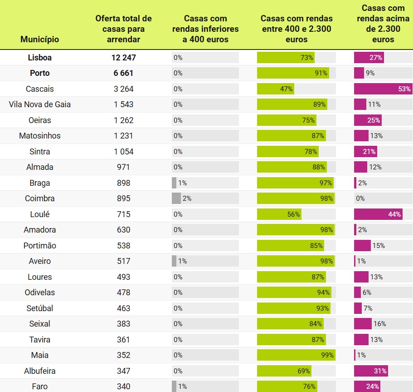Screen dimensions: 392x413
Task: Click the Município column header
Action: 40,40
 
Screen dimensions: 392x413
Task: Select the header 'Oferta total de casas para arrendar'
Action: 123,29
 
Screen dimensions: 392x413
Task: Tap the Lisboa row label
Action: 40,58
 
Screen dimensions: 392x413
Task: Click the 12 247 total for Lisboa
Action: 123,58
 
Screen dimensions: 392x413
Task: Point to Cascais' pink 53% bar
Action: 383,89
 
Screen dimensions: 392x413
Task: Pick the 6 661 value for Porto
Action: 123,73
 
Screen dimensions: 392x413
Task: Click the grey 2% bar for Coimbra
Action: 176,198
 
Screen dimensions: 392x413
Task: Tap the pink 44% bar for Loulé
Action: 378,214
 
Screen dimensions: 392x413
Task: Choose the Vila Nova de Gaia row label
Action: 40,104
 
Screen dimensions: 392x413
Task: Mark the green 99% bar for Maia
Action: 296,355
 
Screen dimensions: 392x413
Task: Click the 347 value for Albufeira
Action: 123,371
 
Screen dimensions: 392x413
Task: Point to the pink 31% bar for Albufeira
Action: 371,371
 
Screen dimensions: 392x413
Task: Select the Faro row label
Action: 40,387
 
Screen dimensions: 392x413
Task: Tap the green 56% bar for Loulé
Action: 279,214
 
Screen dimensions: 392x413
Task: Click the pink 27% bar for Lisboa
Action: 369,58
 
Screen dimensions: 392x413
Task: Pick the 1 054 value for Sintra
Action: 123,152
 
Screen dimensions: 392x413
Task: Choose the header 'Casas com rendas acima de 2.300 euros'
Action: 383,24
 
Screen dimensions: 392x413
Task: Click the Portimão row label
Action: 40,246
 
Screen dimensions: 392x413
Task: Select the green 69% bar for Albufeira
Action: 284,371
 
